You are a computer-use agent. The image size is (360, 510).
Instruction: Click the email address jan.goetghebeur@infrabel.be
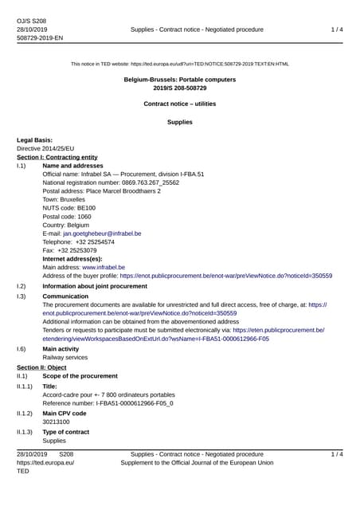point(102,233)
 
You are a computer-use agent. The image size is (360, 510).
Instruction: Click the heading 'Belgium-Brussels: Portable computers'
point(180,80)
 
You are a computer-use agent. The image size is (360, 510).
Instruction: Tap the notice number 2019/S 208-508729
point(180,89)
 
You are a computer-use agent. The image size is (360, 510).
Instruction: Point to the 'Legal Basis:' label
point(34,140)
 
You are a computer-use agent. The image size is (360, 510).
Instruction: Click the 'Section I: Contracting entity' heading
point(57,157)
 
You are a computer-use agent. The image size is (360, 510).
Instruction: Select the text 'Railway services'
point(65,358)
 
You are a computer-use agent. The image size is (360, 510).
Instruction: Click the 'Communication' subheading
point(65,296)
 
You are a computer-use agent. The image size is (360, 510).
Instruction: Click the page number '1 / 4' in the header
point(337,29)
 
